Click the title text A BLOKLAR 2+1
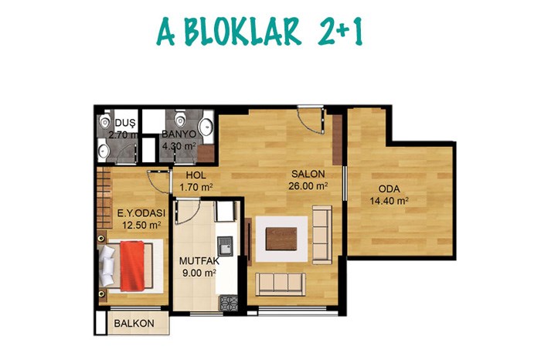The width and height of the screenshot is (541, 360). click(x=260, y=32)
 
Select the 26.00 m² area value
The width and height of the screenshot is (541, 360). click(x=308, y=186)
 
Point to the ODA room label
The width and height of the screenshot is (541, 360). click(x=390, y=189)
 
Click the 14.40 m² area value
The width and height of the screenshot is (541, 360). click(x=390, y=201)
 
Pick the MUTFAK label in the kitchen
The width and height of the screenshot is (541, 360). click(x=199, y=261)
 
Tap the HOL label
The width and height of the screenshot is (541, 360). click(x=196, y=175)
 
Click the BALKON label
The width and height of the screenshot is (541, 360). click(x=134, y=324)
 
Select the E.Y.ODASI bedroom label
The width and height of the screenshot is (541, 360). click(x=141, y=213)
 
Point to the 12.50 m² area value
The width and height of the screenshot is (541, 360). click(x=141, y=225)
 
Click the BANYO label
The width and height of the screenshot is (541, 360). click(x=179, y=134)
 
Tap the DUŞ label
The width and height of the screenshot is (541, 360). click(x=125, y=123)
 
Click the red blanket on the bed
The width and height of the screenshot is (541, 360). click(x=132, y=266)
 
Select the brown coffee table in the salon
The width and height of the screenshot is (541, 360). click(x=281, y=239)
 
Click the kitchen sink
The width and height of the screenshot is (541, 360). click(x=225, y=246)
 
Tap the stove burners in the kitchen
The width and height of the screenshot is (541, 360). click(x=229, y=304)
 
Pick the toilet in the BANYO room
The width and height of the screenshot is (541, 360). click(x=180, y=119)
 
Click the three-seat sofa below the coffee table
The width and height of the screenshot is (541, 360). click(x=281, y=284)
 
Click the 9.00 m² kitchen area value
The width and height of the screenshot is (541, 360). click(x=199, y=273)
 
